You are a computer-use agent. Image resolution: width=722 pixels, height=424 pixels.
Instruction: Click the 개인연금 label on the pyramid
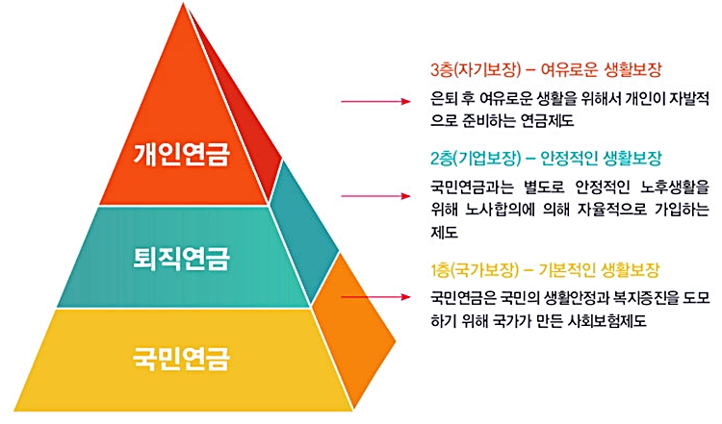click(182, 153)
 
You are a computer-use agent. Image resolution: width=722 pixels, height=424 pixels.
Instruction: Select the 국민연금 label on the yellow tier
click(182, 362)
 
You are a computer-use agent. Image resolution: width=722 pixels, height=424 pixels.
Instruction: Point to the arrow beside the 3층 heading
click(375, 99)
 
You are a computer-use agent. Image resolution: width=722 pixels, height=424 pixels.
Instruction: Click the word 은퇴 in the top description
click(445, 99)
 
